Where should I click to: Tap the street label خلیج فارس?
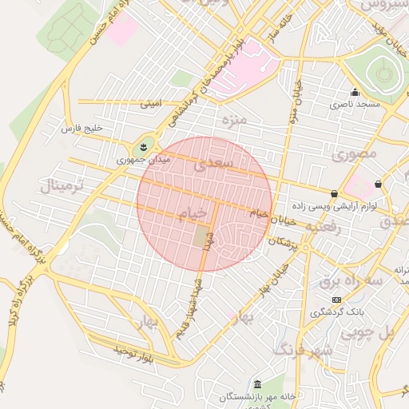click(x=82, y=129)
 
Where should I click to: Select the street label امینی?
click(x=150, y=103)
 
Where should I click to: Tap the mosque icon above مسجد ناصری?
click(x=355, y=92)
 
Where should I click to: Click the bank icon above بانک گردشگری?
click(x=336, y=299)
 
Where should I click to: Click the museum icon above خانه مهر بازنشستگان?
click(x=256, y=383)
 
